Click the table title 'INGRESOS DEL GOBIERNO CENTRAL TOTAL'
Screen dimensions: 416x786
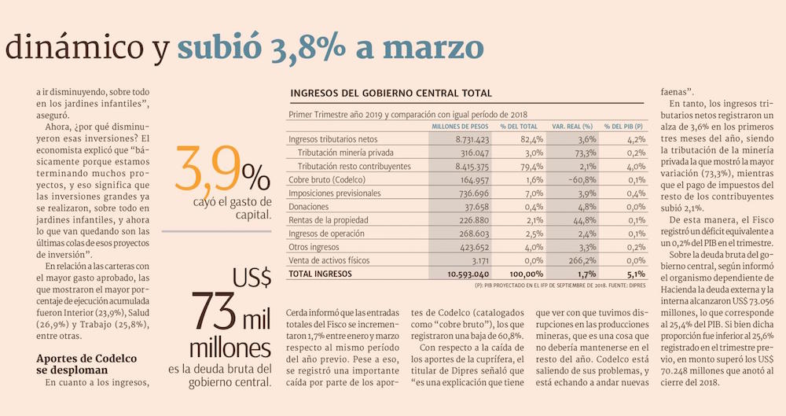[391, 94]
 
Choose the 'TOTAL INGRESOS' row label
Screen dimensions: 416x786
[321, 274]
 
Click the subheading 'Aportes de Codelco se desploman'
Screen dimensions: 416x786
[86, 364]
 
